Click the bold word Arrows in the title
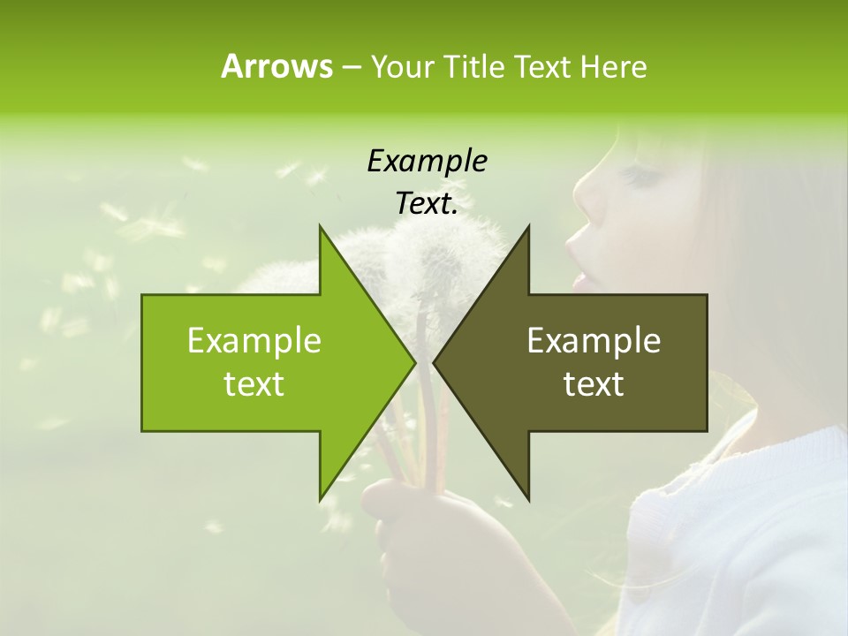point(276,66)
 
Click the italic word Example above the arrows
point(427,162)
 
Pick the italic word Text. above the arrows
point(427,204)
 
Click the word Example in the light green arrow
point(254,341)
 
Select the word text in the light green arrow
point(254,384)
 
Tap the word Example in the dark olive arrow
point(594,341)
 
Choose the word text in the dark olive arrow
point(594,384)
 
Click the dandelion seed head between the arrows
point(442,256)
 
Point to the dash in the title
point(351,67)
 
